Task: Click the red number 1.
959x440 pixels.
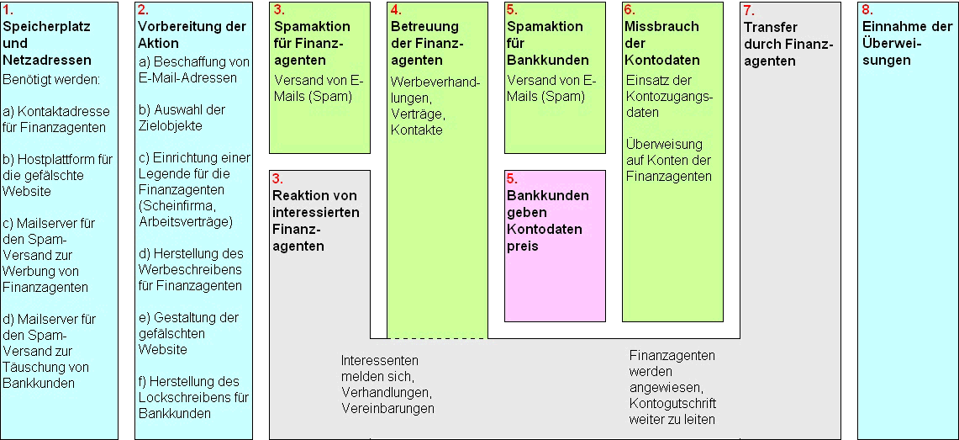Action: (x=8, y=10)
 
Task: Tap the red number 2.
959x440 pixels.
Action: (x=143, y=10)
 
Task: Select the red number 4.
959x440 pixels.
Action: (x=397, y=10)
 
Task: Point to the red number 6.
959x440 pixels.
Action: (x=630, y=10)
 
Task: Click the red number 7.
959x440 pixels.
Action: (x=750, y=10)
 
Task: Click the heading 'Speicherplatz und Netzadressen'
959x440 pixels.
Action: (x=47, y=44)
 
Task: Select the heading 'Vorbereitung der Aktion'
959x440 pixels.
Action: (x=192, y=34)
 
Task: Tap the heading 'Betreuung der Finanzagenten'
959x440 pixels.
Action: (x=428, y=44)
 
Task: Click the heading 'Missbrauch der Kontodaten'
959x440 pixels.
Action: (x=662, y=44)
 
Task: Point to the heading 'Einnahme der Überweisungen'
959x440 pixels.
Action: (x=908, y=44)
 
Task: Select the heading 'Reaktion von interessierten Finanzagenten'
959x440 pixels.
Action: (x=315, y=220)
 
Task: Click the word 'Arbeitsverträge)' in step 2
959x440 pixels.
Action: (x=186, y=221)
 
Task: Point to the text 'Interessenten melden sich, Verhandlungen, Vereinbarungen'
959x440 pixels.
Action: (x=387, y=384)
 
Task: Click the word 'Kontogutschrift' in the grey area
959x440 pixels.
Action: (x=672, y=404)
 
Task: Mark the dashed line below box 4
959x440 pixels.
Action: (x=437, y=338)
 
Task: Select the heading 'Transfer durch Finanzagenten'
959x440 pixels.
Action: (x=789, y=44)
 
